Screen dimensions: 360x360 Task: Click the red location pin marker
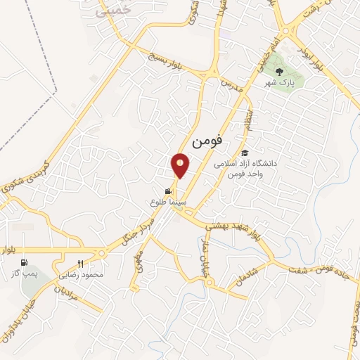pos(181,165)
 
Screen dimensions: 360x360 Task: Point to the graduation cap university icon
pos(244,153)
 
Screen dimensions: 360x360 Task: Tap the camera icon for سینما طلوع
pos(168,191)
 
